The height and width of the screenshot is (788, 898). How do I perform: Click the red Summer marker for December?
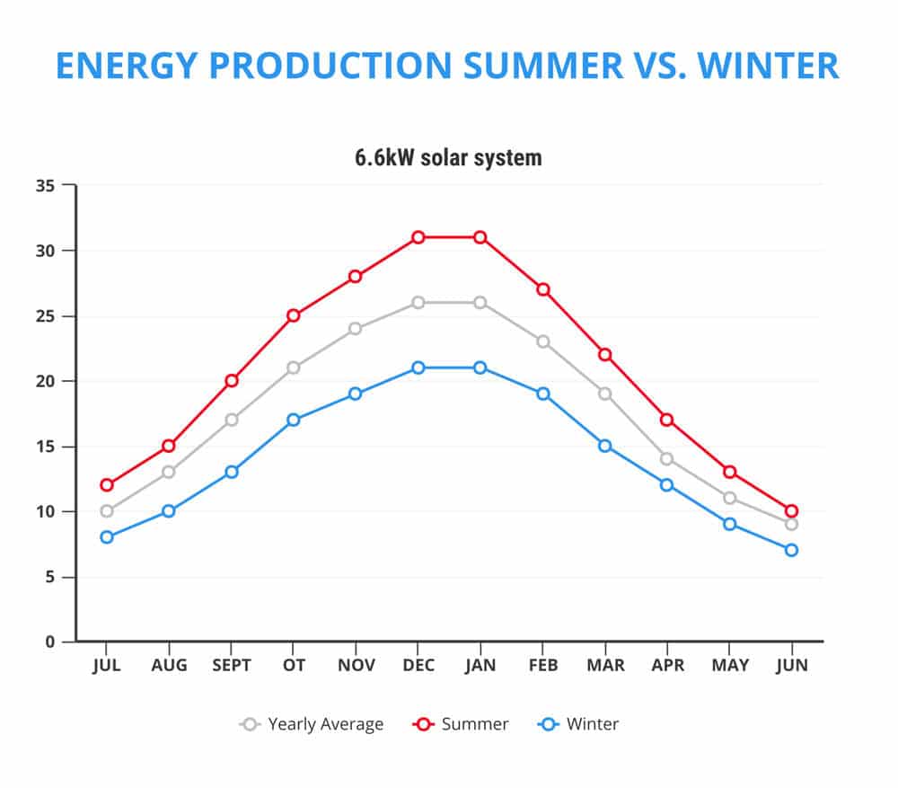tap(418, 237)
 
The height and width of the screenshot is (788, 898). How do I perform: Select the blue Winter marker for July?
tap(107, 537)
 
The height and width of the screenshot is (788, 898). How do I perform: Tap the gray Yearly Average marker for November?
tap(356, 329)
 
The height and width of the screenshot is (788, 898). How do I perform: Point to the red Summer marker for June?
tap(791, 511)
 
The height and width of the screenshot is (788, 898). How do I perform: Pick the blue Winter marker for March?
tap(604, 446)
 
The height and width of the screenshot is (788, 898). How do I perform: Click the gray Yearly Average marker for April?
tap(666, 459)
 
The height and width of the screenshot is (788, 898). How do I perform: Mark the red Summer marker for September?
tap(232, 381)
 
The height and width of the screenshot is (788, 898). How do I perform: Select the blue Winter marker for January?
tap(480, 367)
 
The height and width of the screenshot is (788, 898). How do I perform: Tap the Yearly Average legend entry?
tap(313, 724)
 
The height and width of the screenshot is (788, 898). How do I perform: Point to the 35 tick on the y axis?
tap(45, 186)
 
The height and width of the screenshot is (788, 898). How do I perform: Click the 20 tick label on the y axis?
tap(45, 381)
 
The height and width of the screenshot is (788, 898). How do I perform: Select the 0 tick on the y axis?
tap(50, 642)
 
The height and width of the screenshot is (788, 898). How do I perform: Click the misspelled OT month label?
tap(294, 666)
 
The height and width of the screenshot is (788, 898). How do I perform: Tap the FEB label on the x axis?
tap(542, 666)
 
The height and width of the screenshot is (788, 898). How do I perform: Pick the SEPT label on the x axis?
tap(232, 666)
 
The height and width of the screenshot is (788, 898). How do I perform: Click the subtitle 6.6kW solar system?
tap(448, 158)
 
